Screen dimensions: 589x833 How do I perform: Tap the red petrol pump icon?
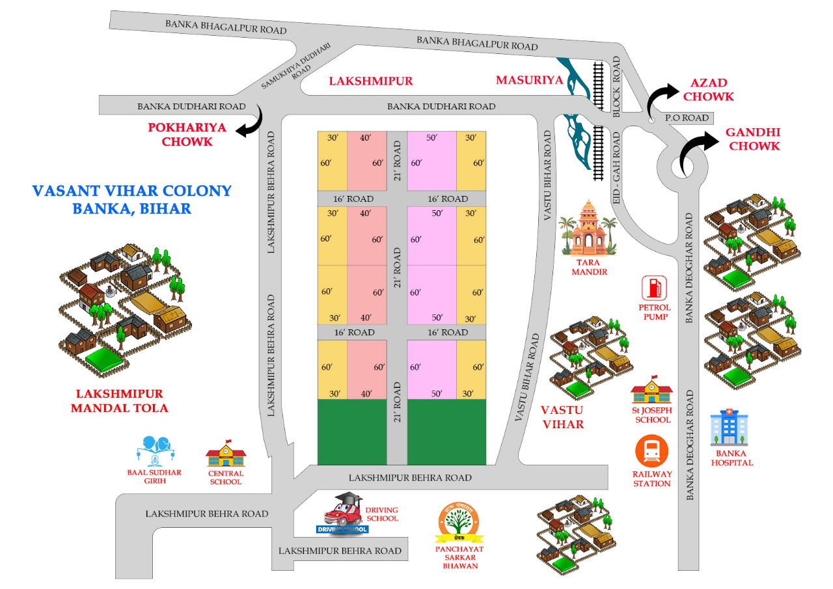click(655, 288)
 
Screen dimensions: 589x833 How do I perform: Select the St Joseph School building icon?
click(651, 390)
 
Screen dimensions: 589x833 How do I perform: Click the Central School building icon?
click(226, 453)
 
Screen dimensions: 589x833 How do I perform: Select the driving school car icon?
click(343, 513)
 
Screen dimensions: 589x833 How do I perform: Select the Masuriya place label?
click(528, 80)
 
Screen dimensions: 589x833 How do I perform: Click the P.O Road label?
click(685, 118)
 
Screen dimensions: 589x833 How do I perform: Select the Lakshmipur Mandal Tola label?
click(119, 401)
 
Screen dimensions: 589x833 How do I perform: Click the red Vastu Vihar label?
click(562, 417)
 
